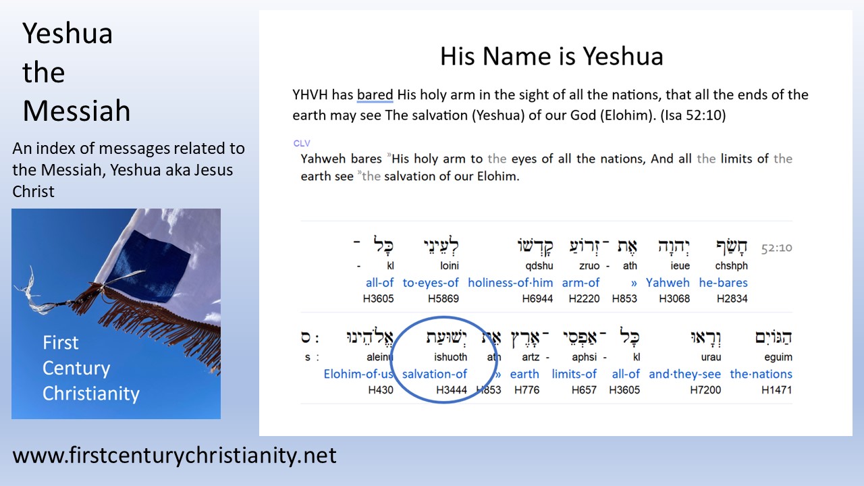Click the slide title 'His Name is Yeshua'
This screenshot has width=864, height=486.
click(x=551, y=55)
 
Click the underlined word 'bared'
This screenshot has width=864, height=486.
click(x=375, y=94)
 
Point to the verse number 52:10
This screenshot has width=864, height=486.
click(x=776, y=248)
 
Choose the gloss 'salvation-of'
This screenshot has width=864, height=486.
click(x=434, y=374)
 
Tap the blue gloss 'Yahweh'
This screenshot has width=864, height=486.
click(x=668, y=283)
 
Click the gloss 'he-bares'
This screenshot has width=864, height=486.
click(x=723, y=283)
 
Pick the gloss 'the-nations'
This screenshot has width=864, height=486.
click(x=761, y=374)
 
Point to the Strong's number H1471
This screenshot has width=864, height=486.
click(x=777, y=389)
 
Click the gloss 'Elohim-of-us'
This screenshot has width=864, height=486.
click(x=358, y=374)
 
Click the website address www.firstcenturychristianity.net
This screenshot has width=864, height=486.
click(x=174, y=456)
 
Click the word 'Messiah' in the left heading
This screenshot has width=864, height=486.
click(x=76, y=111)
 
